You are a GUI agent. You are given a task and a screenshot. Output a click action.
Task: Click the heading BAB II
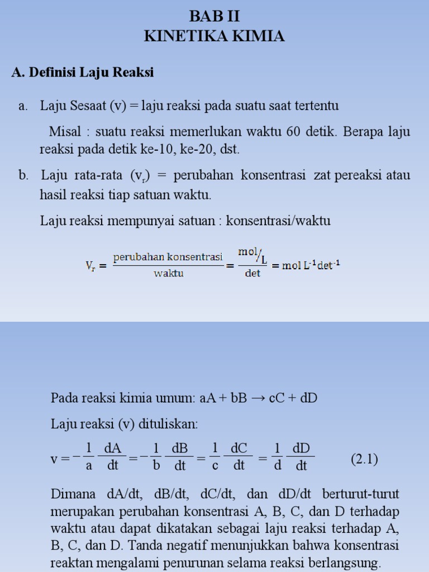214,16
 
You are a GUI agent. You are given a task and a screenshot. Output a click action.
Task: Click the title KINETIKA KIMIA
214,36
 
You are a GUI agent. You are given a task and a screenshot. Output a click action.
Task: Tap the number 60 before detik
294,132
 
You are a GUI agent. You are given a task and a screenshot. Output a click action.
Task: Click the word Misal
65,132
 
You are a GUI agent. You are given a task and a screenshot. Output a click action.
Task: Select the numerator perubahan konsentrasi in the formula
168,257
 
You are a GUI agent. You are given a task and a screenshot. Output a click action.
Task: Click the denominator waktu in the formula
169,274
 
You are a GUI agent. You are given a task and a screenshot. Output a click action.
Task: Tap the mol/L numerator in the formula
252,254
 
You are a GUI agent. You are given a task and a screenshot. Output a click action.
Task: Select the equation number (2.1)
364,460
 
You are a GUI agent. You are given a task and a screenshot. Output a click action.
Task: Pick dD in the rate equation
301,450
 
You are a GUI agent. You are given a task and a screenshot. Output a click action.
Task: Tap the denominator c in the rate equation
214,466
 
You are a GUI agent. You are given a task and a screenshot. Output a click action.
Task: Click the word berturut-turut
366,494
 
